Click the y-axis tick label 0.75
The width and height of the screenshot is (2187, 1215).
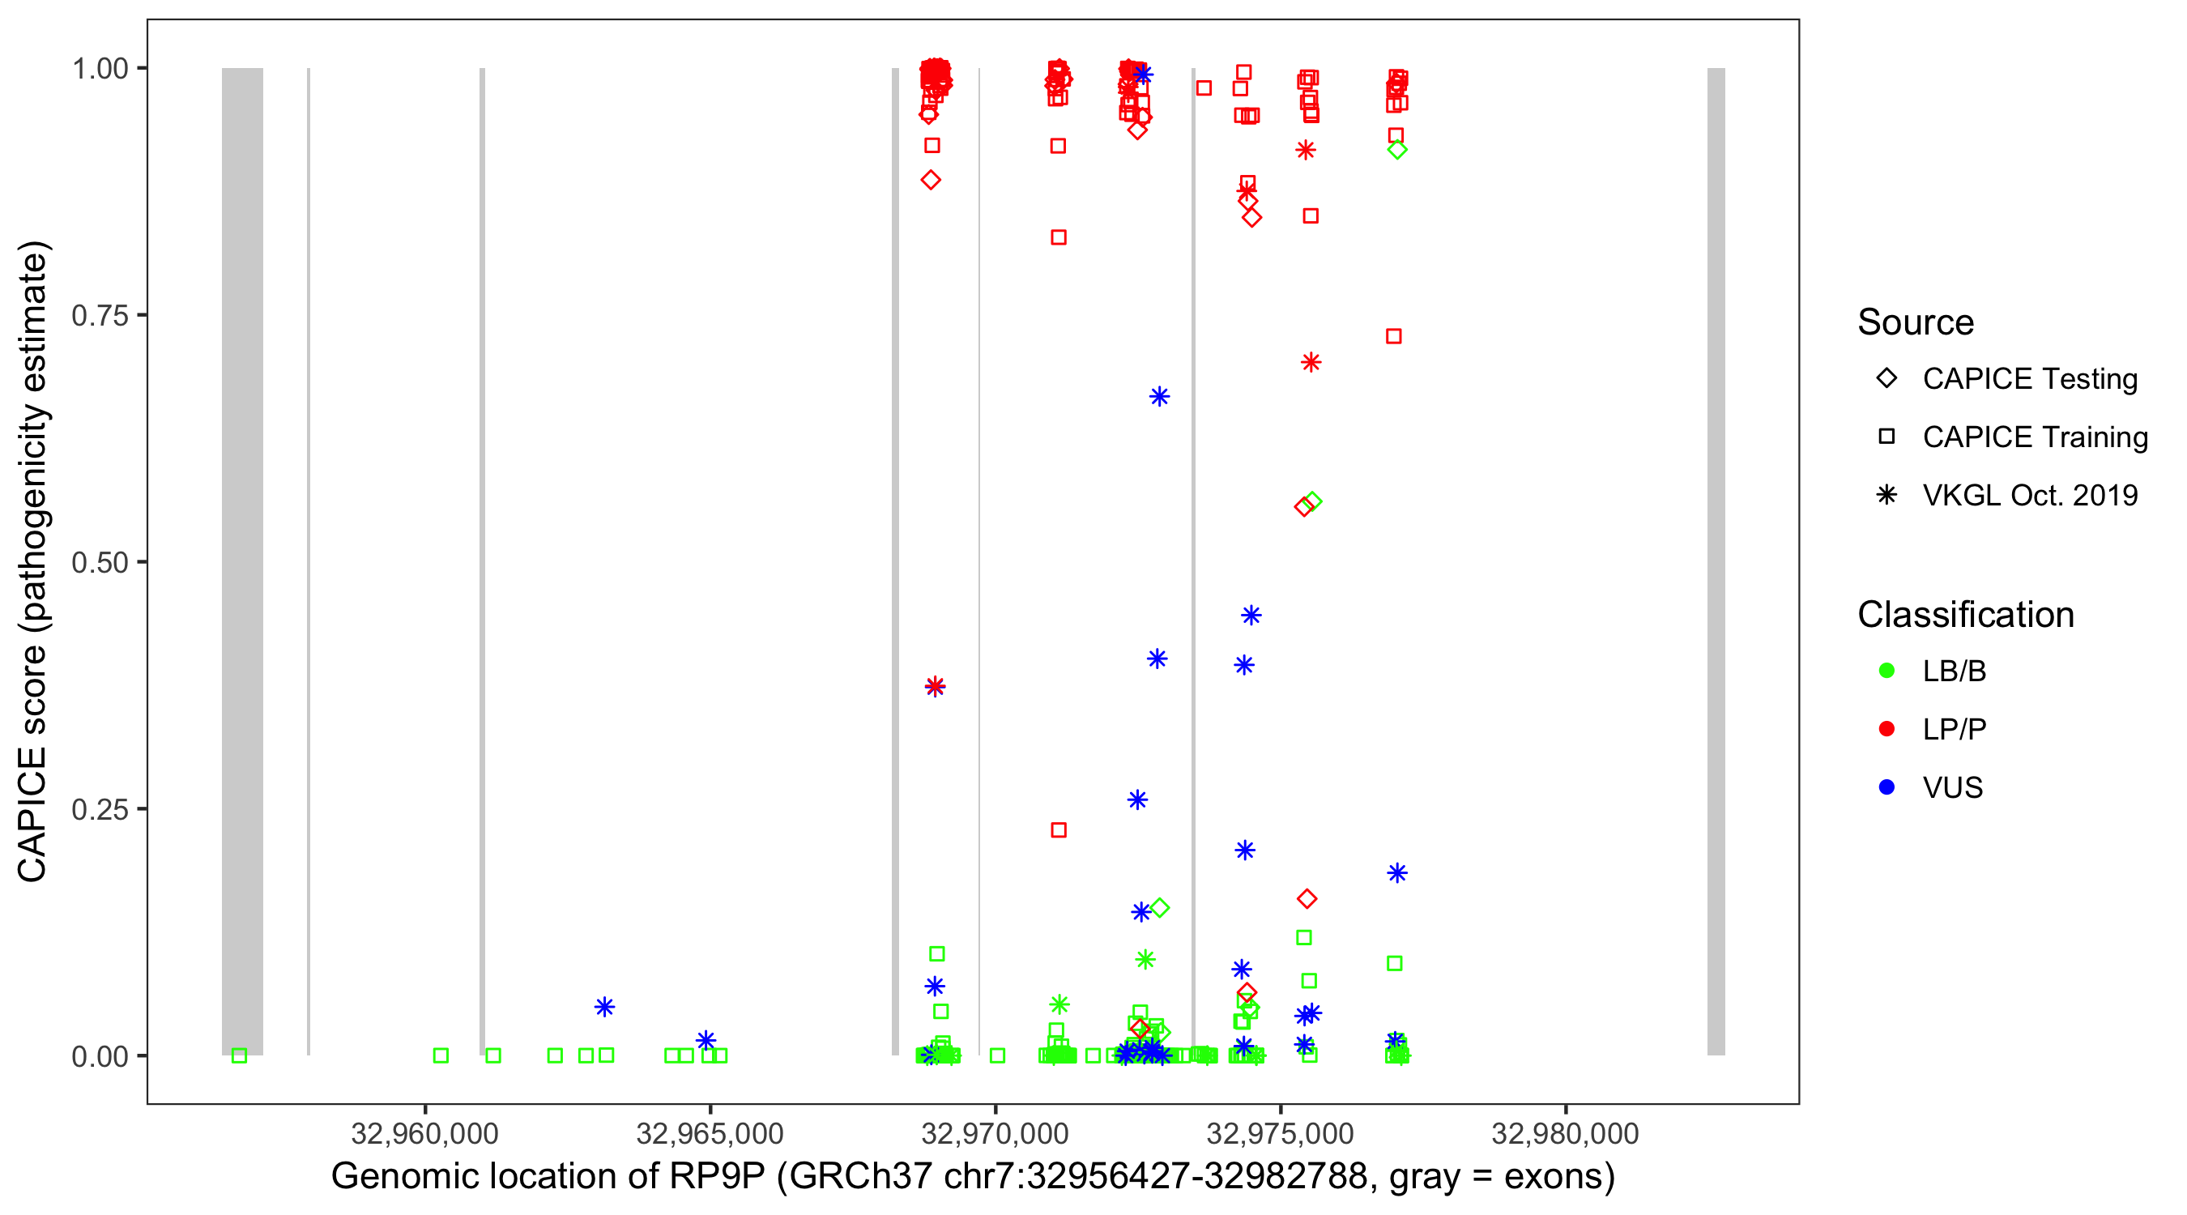coord(100,316)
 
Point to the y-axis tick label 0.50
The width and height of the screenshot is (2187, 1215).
coord(100,562)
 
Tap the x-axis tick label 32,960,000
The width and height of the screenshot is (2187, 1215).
coord(424,1133)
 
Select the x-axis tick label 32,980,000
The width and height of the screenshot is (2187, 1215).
coord(1565,1133)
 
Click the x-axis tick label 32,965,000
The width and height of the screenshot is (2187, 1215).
coord(710,1133)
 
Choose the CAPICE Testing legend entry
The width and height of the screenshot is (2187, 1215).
coord(2029,379)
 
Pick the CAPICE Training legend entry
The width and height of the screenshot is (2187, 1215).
coord(2034,437)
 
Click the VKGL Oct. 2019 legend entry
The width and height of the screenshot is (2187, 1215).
coord(2029,496)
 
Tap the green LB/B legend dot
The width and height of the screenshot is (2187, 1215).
coord(1886,671)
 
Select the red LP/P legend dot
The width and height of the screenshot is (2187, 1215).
coord(1886,729)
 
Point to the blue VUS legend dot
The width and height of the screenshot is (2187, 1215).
coord(1886,788)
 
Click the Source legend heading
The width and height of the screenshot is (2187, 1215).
coord(1916,322)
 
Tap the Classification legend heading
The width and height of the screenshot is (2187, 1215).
coord(1965,615)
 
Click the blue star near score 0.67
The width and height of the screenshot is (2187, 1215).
coord(1159,397)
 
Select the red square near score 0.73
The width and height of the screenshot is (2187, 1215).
coord(1393,336)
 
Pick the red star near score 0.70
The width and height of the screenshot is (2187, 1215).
coord(1311,363)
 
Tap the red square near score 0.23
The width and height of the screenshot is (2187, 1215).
coord(1059,830)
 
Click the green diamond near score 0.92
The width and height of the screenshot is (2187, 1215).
coord(1397,149)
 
